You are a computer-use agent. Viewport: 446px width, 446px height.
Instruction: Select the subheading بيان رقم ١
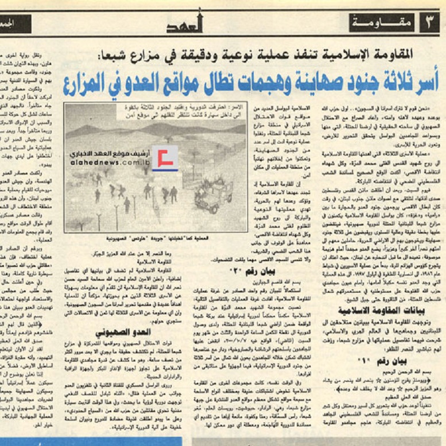pos(376,346)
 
